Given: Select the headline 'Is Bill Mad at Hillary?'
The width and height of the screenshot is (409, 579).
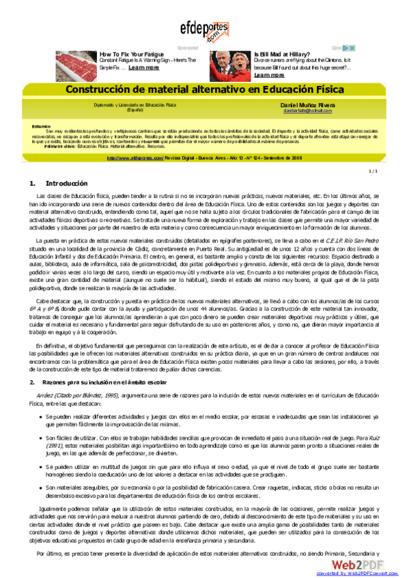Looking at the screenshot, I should pyautogui.click(x=283, y=54).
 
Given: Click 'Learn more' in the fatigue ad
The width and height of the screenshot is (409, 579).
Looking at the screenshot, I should pyautogui.click(x=144, y=68).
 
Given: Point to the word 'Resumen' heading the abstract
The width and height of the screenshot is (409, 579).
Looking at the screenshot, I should pyautogui.click(x=41, y=126).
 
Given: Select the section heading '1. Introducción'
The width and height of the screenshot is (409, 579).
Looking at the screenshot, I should pyautogui.click(x=59, y=184).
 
